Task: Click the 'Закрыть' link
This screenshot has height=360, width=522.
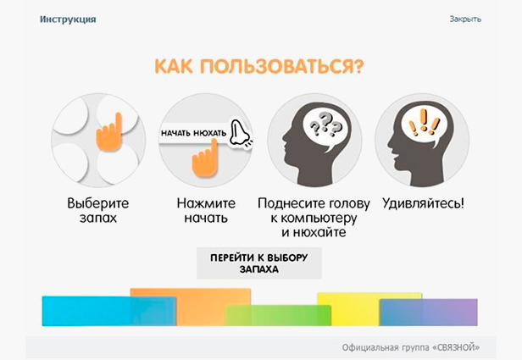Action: (x=465, y=19)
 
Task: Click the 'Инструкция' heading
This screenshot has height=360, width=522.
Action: (x=68, y=19)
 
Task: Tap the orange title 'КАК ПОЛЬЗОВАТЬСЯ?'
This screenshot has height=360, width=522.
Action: (x=259, y=67)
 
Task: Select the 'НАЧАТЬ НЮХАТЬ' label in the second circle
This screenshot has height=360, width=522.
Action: (x=193, y=134)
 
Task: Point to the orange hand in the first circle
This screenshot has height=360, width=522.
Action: (x=109, y=133)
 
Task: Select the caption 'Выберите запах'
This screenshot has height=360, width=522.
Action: (x=98, y=210)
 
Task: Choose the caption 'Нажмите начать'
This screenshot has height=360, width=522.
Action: (x=206, y=210)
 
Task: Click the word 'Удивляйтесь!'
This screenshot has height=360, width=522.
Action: (x=423, y=203)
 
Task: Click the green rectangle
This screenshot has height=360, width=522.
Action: (x=278, y=315)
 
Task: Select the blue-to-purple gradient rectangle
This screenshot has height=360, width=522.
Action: (x=429, y=312)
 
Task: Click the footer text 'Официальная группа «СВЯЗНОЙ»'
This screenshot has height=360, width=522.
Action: (x=411, y=347)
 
